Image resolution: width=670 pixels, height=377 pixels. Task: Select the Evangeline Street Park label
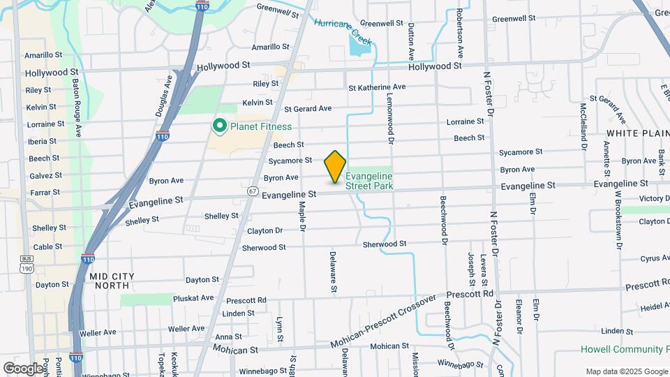[x=369, y=181]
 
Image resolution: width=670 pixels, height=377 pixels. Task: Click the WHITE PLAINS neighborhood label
[x=637, y=133]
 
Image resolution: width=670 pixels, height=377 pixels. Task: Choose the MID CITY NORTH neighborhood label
[x=110, y=281]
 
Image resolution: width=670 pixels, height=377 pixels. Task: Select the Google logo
[x=23, y=368]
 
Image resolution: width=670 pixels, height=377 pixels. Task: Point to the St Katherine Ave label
[x=377, y=87]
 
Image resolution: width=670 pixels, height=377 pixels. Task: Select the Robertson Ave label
[x=460, y=33]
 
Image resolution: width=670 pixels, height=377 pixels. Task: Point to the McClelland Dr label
[x=583, y=126]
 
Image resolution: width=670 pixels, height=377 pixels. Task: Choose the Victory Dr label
[x=655, y=199]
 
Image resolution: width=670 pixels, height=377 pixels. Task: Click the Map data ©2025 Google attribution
[x=626, y=371]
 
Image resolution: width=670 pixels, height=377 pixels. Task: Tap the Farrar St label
[x=47, y=192]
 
